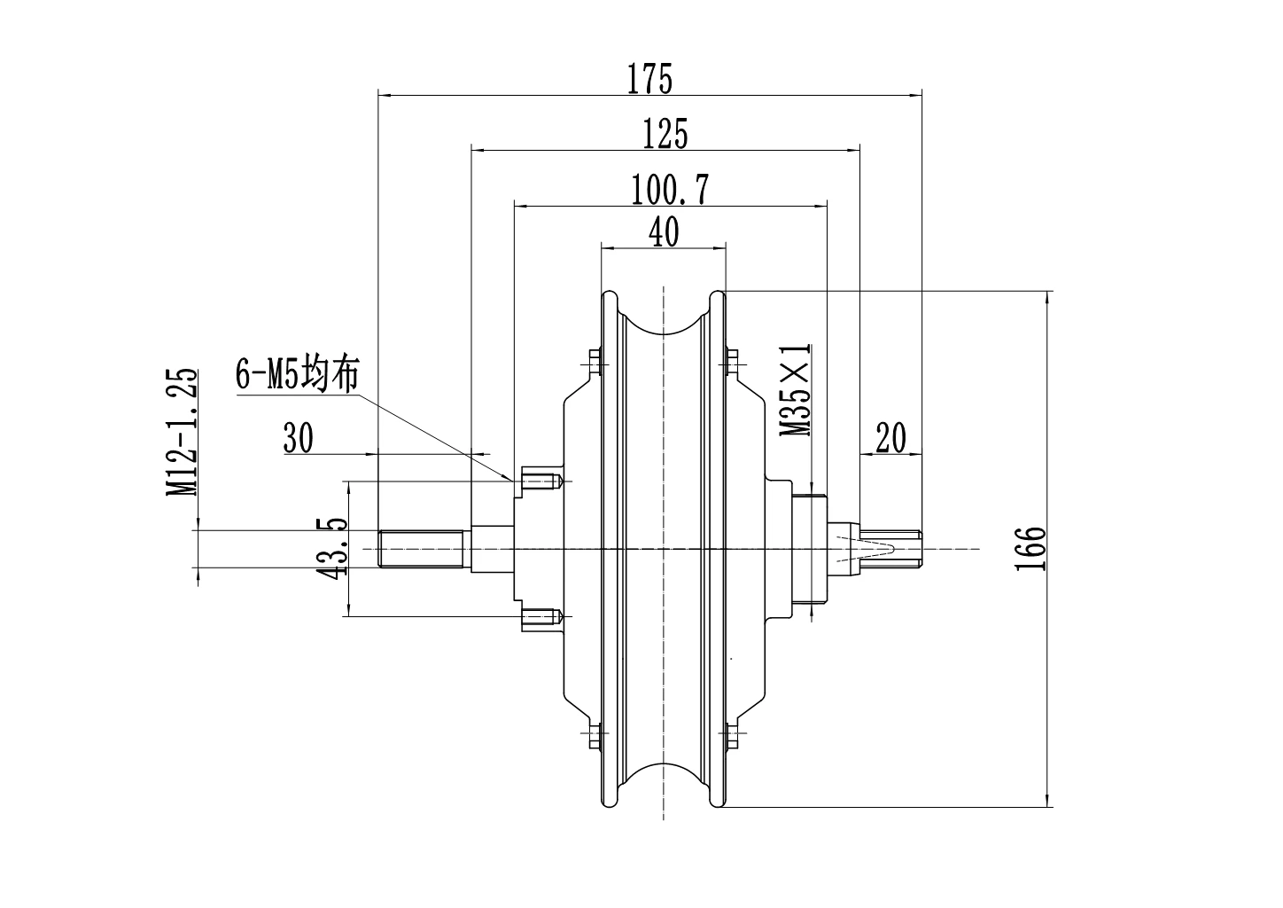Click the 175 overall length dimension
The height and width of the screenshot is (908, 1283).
tap(650, 79)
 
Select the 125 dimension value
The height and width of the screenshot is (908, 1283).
tap(665, 135)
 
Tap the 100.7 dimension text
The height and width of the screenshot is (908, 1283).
tap(669, 190)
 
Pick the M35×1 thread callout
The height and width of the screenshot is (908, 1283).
tap(796, 390)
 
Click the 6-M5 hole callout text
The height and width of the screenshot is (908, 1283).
tap(297, 373)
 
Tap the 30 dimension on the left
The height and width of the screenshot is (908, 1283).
tap(298, 438)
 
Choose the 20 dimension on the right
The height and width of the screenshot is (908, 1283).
tap(890, 438)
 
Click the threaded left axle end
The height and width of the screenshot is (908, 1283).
tap(422, 549)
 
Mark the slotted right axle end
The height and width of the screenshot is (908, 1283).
tap(890, 547)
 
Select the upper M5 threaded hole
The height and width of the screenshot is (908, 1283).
tap(542, 481)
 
